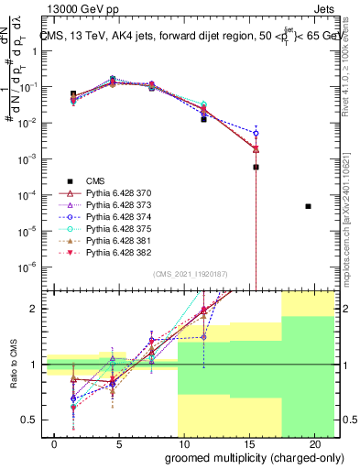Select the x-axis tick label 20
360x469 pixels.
315,444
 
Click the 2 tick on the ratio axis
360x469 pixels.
35,309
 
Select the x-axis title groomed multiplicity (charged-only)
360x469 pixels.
242,457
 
